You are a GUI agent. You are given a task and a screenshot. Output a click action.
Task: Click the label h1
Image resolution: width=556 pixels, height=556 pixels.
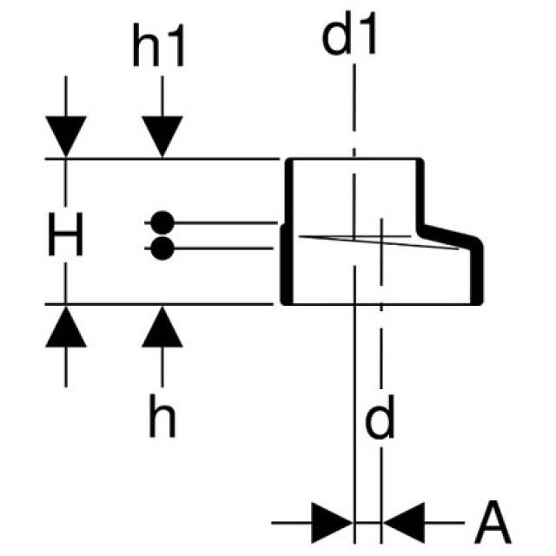click(159, 50)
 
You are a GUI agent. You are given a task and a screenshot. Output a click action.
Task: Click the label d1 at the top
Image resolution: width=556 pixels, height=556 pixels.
click(351, 37)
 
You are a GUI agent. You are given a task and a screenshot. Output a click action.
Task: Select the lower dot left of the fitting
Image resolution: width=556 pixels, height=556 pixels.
click(161, 249)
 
